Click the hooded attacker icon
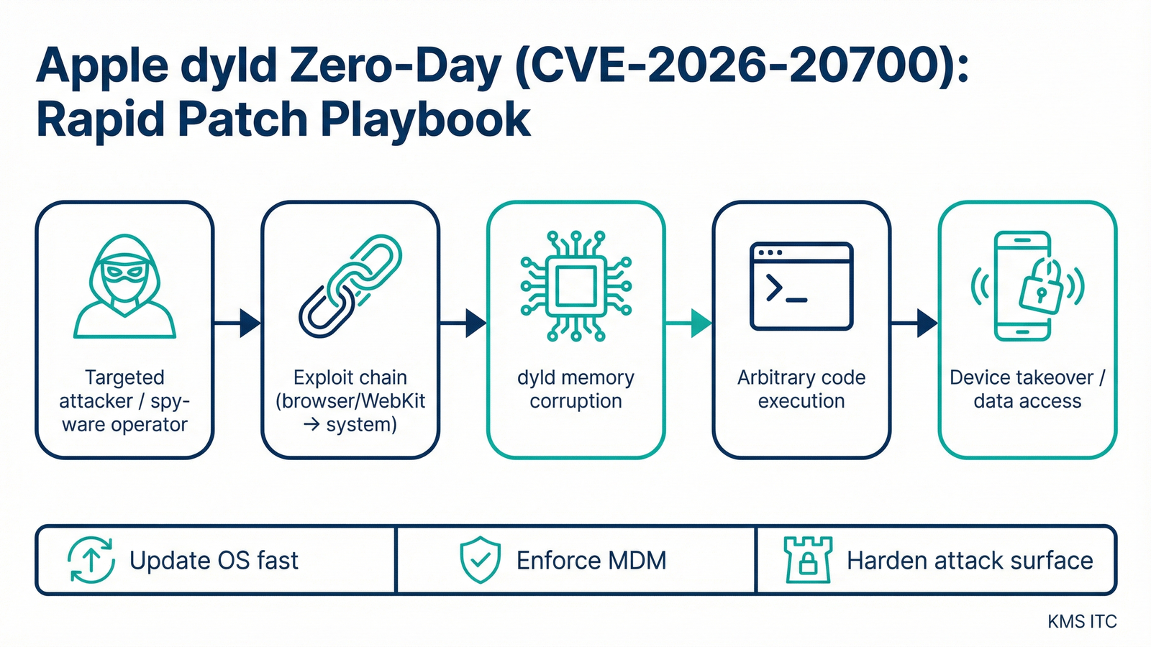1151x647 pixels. (x=124, y=286)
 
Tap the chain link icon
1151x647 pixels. (x=350, y=286)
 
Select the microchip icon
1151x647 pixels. (x=575, y=286)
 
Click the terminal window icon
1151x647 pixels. (x=801, y=286)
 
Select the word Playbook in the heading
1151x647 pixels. (x=425, y=119)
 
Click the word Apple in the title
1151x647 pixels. (x=101, y=66)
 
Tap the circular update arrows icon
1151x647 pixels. (x=91, y=559)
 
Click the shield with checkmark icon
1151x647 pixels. (x=480, y=559)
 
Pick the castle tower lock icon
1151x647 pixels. (x=808, y=559)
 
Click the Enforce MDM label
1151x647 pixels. (x=591, y=560)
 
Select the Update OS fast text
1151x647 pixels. (x=214, y=560)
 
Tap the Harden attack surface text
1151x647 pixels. (x=970, y=560)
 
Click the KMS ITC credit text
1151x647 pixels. (x=1082, y=621)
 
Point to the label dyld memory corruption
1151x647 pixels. (x=575, y=389)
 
